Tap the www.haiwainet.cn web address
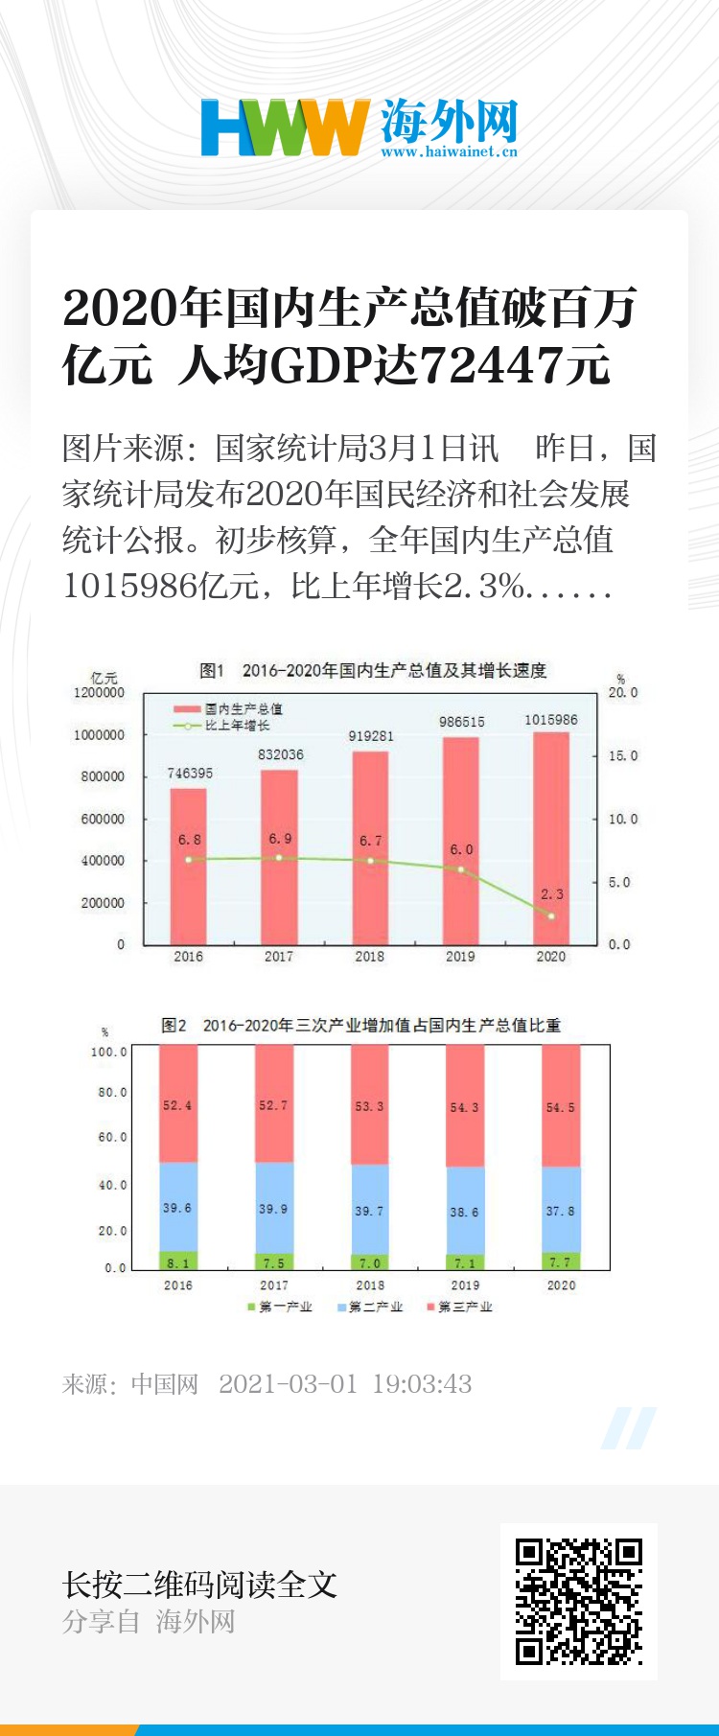point(449,151)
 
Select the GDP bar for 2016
point(188,866)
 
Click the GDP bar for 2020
point(551,838)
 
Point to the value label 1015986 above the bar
point(551,720)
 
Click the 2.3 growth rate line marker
point(551,915)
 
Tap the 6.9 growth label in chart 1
point(280,839)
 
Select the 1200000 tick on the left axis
point(100,692)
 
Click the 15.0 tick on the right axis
point(622,755)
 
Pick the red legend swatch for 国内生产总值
point(186,709)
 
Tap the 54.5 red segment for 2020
point(561,1106)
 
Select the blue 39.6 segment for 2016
point(177,1207)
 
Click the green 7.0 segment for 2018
point(369,1262)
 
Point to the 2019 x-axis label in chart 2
point(465,1285)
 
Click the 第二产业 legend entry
point(375,1307)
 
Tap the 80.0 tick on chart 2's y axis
point(112,1092)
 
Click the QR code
point(578,1601)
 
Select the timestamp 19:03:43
point(422,1384)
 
